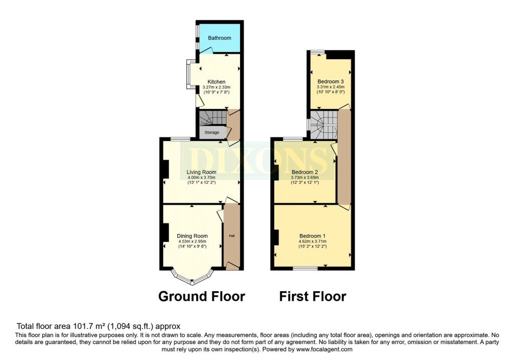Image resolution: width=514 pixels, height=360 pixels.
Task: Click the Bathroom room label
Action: (219, 38)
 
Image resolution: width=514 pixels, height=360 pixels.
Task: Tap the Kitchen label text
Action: (216, 82)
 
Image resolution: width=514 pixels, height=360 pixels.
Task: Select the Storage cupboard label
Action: (212, 133)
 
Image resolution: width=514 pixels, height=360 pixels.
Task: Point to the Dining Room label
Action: (192, 236)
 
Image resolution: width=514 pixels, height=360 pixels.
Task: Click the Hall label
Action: (231, 236)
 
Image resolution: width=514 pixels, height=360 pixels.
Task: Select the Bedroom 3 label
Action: (330, 81)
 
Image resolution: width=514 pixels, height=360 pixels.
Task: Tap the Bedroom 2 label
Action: (305, 172)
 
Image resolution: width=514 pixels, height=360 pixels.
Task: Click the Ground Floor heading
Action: (201, 296)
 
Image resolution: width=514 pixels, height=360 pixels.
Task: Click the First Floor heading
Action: (312, 296)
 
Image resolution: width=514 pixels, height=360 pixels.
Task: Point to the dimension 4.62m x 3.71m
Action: (312, 241)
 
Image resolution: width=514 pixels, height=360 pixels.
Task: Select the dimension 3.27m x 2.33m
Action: (217, 87)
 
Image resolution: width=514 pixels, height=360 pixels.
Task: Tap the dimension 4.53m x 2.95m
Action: (192, 242)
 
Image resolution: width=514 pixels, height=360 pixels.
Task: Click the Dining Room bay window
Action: (192, 277)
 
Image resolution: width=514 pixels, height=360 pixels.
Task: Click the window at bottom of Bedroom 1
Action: (306, 269)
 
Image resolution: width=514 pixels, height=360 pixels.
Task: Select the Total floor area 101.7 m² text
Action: (98, 326)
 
